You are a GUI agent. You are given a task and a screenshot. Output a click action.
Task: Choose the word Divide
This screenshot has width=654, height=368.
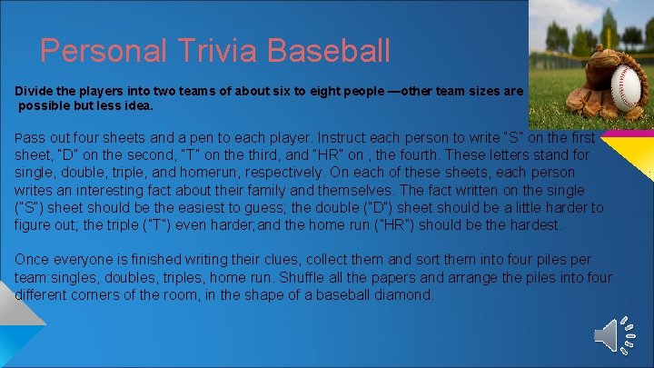(34, 92)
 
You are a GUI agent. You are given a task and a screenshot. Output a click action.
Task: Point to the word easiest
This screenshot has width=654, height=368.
(229, 207)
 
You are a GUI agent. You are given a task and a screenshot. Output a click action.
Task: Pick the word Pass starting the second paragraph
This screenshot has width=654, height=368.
(28, 138)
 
